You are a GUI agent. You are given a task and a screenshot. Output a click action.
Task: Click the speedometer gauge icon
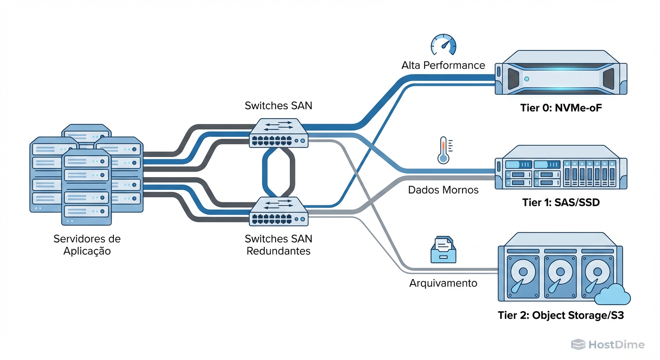pyautogui.click(x=443, y=45)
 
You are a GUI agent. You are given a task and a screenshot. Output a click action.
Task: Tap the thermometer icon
pyautogui.click(x=443, y=150)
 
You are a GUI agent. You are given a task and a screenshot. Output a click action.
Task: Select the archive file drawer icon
pyautogui.click(x=443, y=249)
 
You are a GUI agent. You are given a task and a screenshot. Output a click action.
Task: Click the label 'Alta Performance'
pyautogui.click(x=443, y=65)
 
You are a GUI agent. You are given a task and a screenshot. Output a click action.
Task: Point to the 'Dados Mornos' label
pyautogui.click(x=443, y=190)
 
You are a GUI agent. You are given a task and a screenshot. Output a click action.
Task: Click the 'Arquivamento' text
pyautogui.click(x=443, y=283)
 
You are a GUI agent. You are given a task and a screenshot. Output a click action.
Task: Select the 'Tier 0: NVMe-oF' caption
pyautogui.click(x=561, y=108)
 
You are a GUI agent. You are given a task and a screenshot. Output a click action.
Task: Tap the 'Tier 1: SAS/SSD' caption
pyautogui.click(x=561, y=202)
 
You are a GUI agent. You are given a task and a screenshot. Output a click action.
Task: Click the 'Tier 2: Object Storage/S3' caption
pyautogui.click(x=561, y=315)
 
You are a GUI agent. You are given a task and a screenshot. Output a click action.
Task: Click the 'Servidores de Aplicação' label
pyautogui.click(x=87, y=245)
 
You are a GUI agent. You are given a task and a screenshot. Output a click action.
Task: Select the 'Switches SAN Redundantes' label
pyautogui.click(x=278, y=245)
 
